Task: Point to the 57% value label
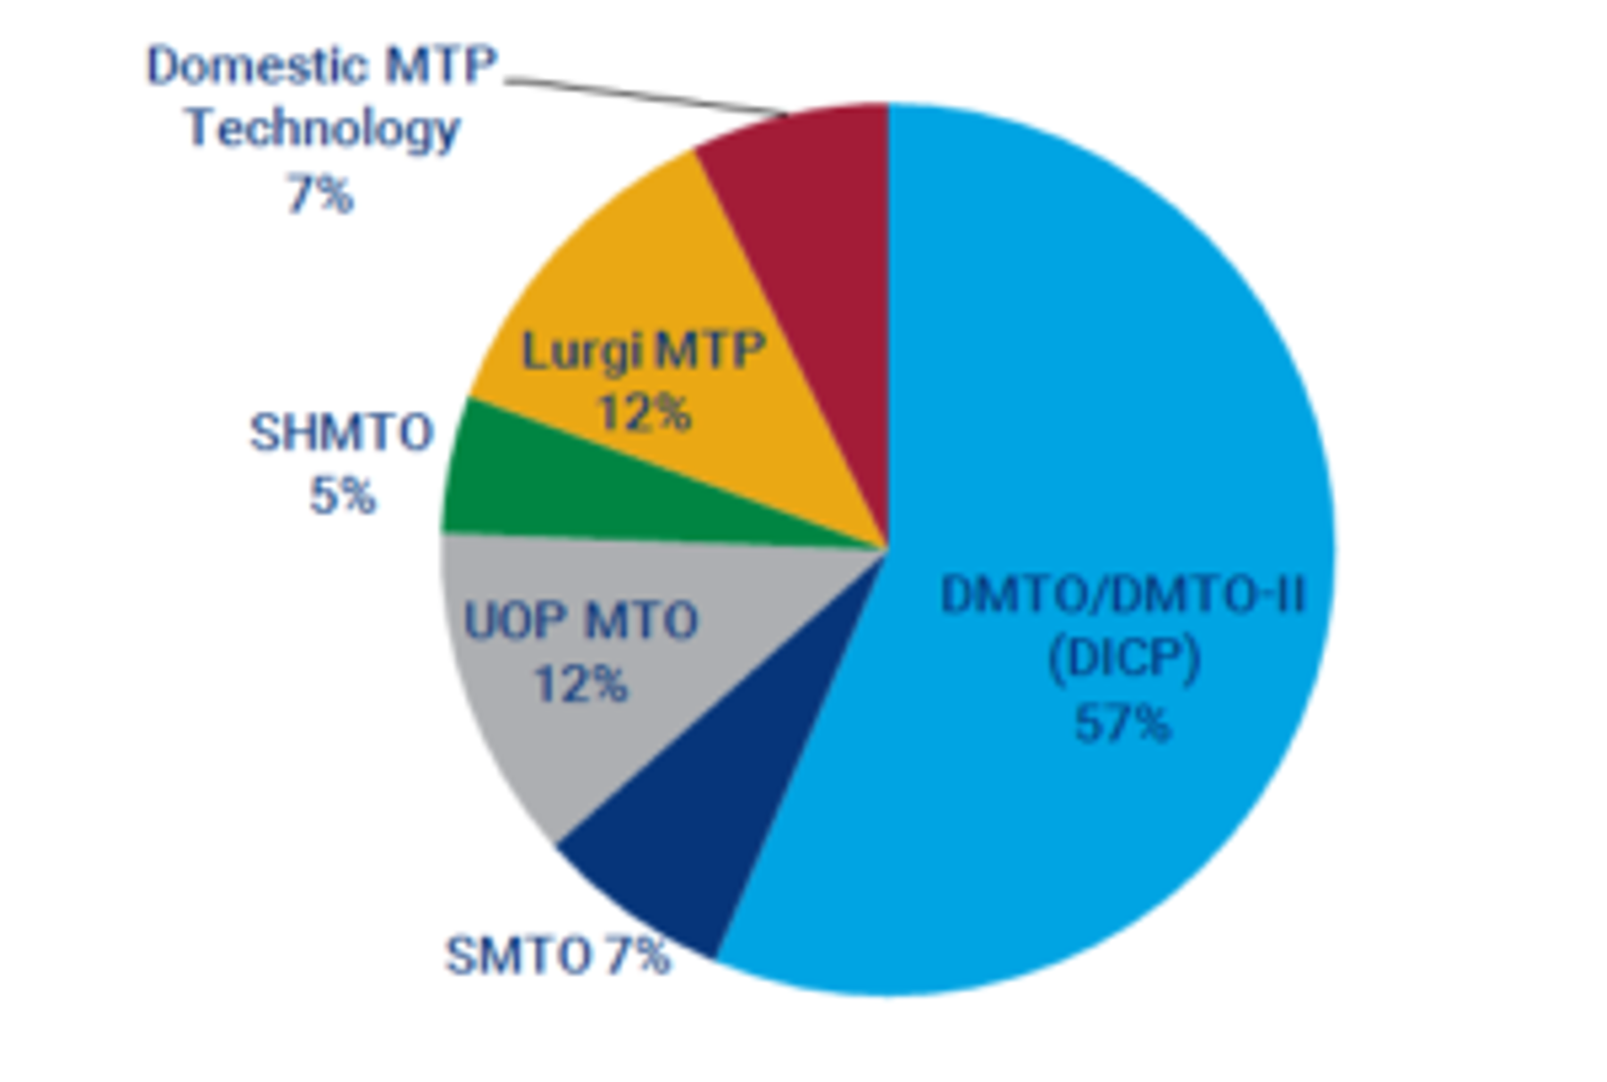1121,724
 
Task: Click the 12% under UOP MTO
581,685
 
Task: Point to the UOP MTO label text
581,621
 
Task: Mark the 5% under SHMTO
343,495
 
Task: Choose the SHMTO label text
342,433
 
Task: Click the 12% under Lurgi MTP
644,413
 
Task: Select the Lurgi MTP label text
644,351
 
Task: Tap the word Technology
322,129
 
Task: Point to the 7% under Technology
320,194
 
